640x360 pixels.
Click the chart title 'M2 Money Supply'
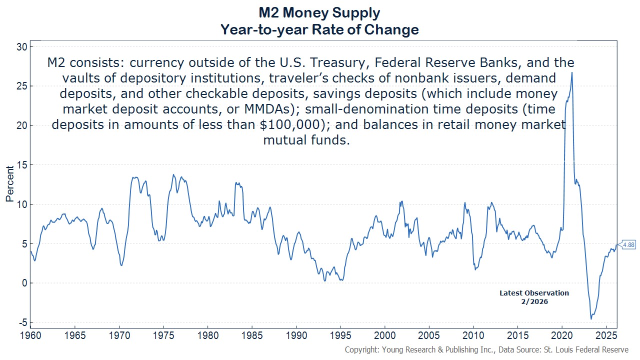click(x=319, y=12)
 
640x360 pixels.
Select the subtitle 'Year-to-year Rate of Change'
click(x=319, y=29)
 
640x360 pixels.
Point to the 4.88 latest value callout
click(x=628, y=245)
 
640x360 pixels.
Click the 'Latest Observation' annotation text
click(x=534, y=293)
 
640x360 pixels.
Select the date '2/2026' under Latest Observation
click(x=534, y=301)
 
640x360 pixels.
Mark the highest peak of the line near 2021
click(x=571, y=73)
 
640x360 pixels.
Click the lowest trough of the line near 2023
click(x=591, y=318)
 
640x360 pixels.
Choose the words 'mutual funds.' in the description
click(x=305, y=140)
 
